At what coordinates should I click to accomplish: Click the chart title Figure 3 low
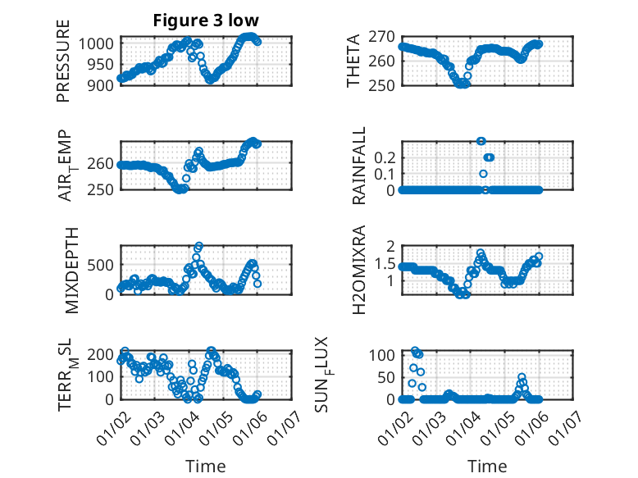[206, 20]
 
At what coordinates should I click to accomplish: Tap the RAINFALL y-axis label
[359, 166]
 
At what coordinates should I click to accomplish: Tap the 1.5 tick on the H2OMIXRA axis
[385, 262]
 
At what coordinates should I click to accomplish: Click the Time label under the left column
[206, 467]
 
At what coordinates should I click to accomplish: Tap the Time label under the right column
[487, 467]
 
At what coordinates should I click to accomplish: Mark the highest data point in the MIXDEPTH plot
[199, 246]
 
